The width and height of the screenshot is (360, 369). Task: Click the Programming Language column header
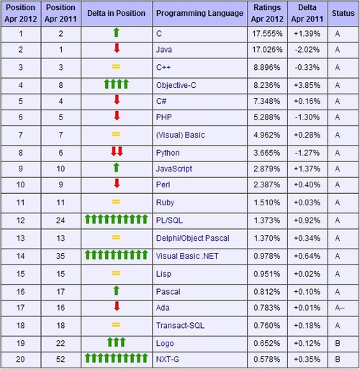click(199, 13)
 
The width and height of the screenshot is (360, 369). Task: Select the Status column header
click(343, 13)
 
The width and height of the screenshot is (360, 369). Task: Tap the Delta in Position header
click(116, 13)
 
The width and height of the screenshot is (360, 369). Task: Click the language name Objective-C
click(176, 85)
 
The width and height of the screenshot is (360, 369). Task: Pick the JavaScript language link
click(174, 169)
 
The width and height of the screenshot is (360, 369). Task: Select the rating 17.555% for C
click(267, 34)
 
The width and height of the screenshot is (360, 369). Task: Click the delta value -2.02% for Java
click(307, 50)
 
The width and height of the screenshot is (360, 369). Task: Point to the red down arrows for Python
click(117, 151)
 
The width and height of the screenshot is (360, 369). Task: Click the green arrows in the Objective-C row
click(117, 84)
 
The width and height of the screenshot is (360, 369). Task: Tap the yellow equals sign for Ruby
click(116, 202)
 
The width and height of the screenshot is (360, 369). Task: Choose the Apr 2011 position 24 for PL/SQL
click(60, 221)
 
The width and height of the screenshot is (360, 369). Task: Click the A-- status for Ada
click(340, 308)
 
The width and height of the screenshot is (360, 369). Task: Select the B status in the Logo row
click(338, 343)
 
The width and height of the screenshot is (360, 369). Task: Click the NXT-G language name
click(168, 360)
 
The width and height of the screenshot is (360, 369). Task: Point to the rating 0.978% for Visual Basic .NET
click(267, 256)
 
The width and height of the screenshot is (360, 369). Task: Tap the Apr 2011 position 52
click(60, 360)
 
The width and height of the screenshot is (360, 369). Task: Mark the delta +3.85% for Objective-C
click(307, 85)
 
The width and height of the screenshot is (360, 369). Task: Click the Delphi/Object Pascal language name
click(192, 238)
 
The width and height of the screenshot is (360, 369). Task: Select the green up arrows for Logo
click(117, 342)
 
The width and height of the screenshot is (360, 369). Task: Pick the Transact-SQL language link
click(180, 326)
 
